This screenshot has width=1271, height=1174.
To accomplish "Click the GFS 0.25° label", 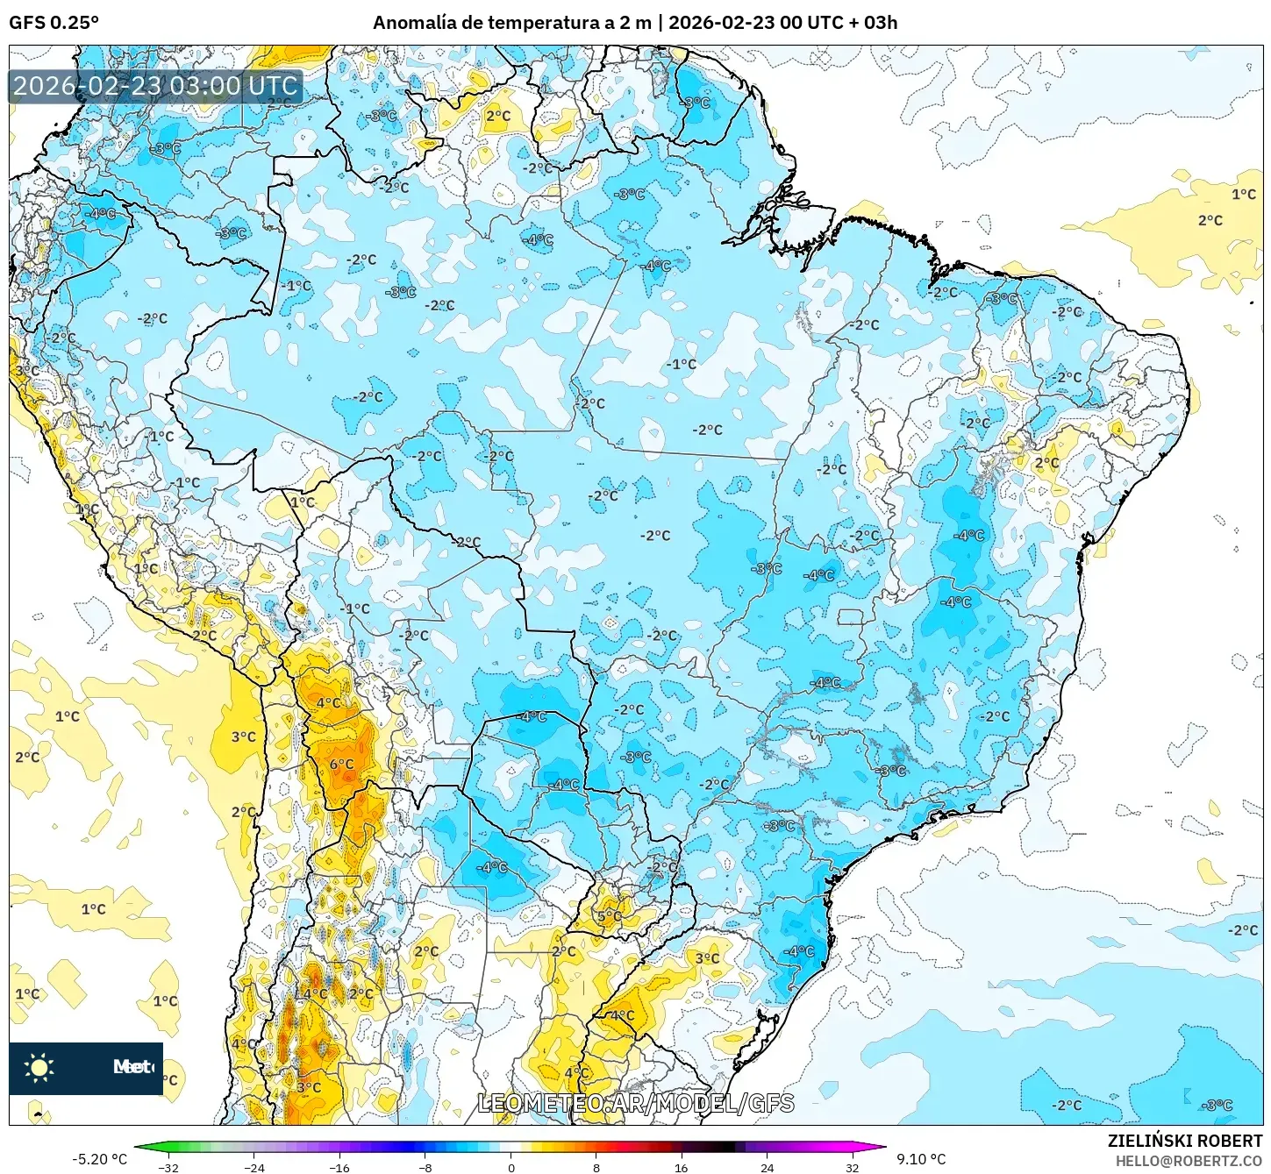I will coord(54,23).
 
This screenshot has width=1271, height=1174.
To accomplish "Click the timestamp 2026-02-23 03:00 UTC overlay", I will coord(156,86).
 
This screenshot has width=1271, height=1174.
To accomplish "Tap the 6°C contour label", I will coord(341,765).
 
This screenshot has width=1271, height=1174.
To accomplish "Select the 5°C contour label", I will coord(609,917).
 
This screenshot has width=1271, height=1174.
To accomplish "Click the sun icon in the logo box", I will coord(39,1067).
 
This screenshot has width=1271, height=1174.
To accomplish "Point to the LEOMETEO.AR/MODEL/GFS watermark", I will coord(636,1103).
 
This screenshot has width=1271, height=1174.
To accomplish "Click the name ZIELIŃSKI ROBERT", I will coord(1184,1141).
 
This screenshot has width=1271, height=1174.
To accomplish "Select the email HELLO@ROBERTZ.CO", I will coord(1189,1161).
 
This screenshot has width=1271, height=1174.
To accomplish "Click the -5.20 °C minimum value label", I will coord(99,1159).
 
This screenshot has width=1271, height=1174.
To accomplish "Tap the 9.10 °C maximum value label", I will coord(921,1159).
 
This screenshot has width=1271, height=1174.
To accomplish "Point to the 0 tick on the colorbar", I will coord(511,1167).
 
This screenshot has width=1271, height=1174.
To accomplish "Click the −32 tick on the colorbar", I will coord(168,1167).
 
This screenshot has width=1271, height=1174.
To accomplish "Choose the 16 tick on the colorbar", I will coord(682,1167).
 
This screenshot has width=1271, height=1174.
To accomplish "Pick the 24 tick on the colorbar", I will coord(767,1167).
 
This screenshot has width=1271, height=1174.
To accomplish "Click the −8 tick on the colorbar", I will coord(425,1167).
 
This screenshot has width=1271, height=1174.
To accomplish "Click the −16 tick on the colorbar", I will coord(339,1167).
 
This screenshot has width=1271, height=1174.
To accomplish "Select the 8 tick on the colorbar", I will coord(596,1167).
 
